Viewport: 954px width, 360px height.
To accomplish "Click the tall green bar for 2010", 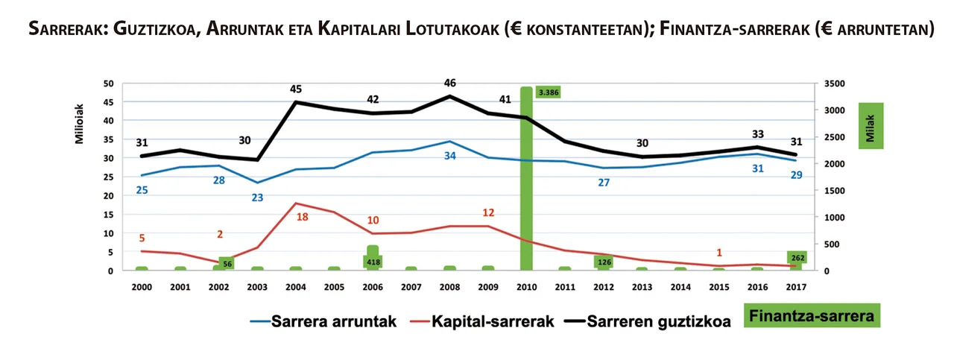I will click(526, 179).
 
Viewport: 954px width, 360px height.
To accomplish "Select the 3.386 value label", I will click(548, 92).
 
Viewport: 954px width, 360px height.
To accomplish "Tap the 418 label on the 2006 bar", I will click(373, 262).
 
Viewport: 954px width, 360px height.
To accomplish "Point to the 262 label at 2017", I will click(798, 258).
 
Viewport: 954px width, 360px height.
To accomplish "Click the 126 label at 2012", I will click(604, 262).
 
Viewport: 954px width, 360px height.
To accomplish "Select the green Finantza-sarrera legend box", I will click(812, 316).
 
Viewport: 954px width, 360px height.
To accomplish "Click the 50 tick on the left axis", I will click(108, 83).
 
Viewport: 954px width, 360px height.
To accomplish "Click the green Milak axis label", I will click(871, 125).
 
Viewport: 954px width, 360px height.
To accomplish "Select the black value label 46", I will click(449, 83).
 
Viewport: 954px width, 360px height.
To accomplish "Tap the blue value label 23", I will click(258, 198).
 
